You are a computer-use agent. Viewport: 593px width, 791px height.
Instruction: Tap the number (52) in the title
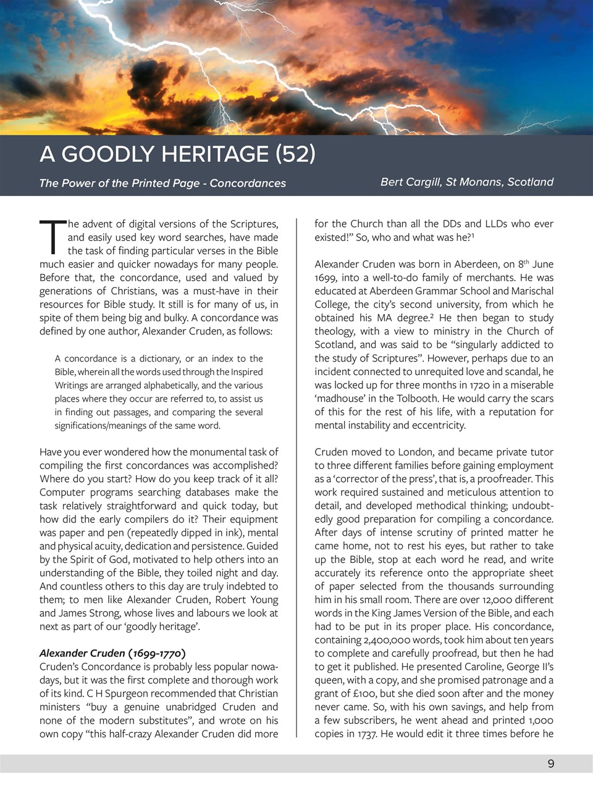pyautogui.click(x=295, y=154)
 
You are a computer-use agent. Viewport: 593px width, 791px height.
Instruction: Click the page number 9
pyautogui.click(x=550, y=764)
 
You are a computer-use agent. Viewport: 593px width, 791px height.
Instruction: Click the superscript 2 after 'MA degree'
pyautogui.click(x=431, y=315)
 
